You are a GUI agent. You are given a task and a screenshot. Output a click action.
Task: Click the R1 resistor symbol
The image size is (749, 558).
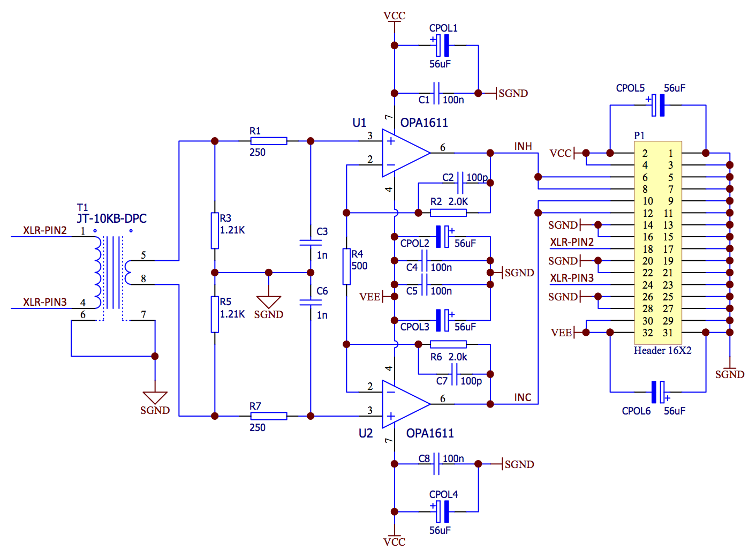[x=268, y=141]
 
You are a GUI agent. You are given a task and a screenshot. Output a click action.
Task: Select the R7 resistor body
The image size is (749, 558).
[x=268, y=416]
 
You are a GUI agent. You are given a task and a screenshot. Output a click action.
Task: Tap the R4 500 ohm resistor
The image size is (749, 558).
[x=346, y=267]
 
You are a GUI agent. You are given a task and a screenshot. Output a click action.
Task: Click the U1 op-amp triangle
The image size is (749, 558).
[x=406, y=153]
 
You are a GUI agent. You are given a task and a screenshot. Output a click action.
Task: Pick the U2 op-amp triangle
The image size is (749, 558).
[x=406, y=404]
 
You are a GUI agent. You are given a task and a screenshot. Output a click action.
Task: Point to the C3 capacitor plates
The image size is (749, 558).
[x=311, y=243]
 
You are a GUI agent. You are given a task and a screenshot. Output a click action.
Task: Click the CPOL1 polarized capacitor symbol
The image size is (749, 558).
[x=442, y=46]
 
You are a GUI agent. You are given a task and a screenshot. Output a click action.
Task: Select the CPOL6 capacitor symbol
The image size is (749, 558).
[x=658, y=392]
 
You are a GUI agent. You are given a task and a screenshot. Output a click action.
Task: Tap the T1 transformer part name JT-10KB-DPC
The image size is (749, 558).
[x=112, y=218]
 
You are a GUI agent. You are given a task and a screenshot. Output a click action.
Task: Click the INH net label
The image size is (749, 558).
[x=523, y=146]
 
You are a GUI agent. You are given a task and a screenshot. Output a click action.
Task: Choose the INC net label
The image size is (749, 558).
[x=523, y=397]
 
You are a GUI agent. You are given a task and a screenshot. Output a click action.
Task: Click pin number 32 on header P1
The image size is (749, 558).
[x=647, y=333]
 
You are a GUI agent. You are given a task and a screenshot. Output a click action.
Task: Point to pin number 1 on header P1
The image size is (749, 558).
[x=671, y=153]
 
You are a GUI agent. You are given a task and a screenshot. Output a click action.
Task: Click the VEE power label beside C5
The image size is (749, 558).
[x=369, y=297]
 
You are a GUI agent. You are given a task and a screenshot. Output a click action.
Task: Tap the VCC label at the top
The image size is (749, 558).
[x=394, y=16]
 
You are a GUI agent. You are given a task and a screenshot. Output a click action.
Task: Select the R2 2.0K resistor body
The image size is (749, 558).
[x=448, y=213]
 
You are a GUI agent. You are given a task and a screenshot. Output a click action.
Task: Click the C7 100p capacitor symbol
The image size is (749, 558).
[x=454, y=374]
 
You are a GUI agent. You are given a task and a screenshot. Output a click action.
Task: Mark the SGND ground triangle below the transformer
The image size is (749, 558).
[x=155, y=397]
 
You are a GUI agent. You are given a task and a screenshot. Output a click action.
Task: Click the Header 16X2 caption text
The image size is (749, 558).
[x=662, y=350]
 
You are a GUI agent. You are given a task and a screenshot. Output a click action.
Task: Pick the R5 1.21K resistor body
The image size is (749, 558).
[x=215, y=314]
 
